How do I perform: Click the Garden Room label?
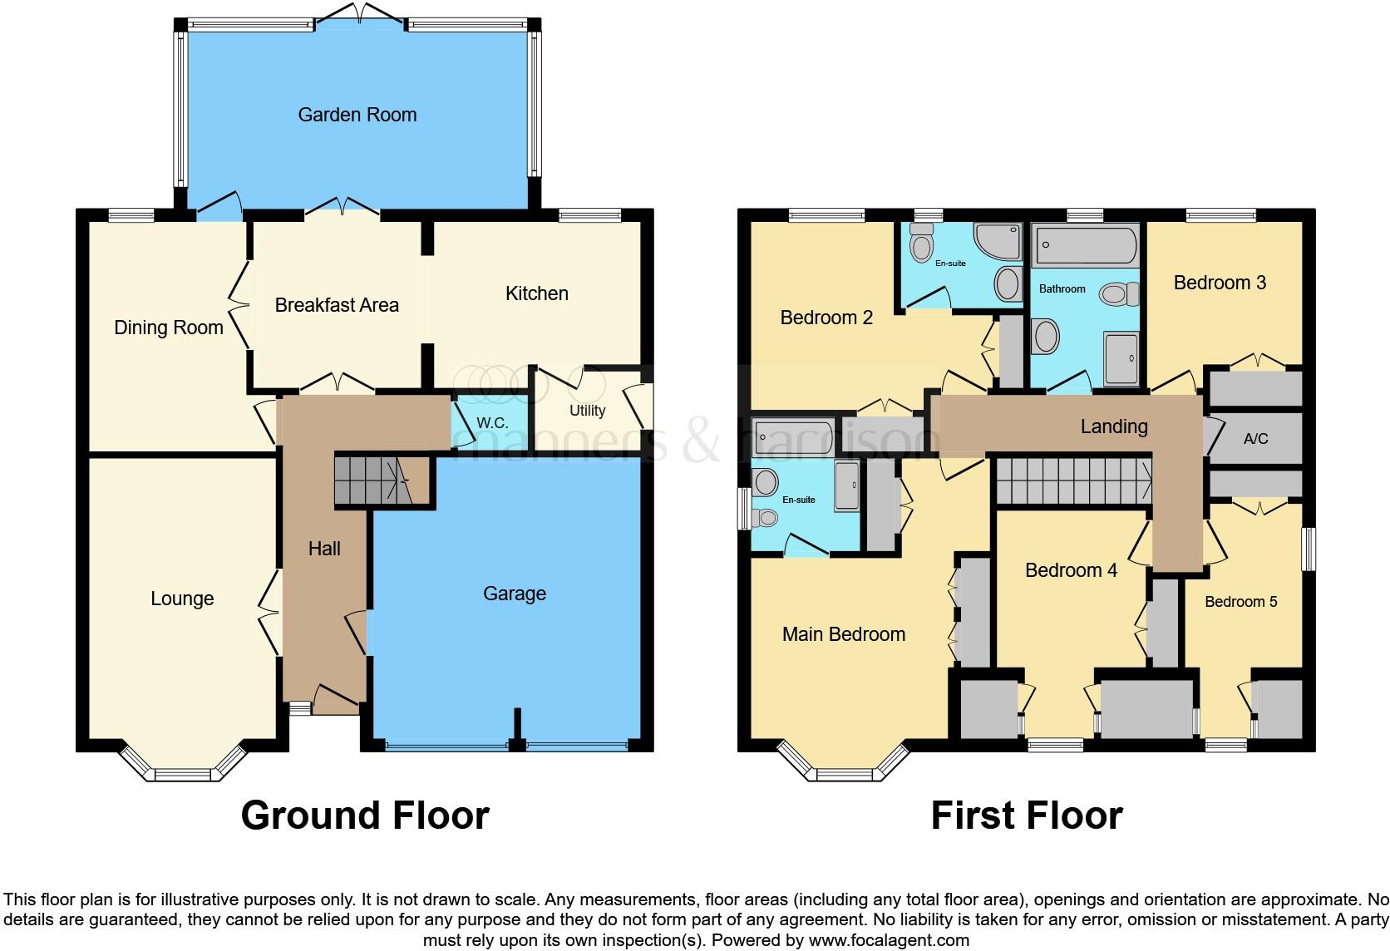tap(357, 115)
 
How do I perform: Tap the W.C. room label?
tap(492, 423)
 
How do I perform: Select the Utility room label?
tap(587, 411)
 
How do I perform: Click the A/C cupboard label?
tap(1255, 438)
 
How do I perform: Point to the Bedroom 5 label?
tap(1241, 602)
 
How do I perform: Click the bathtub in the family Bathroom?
tap(1085, 246)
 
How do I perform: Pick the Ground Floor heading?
tap(365, 815)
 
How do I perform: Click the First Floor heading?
tap(1027, 815)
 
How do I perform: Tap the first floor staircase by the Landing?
tap(1073, 482)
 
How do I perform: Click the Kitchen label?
tap(537, 293)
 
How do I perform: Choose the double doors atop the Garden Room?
tap(360, 15)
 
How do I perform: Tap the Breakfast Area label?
tap(337, 305)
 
